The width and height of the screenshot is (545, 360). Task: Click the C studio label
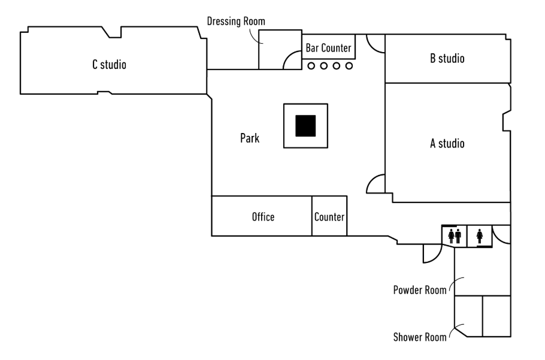point(109,65)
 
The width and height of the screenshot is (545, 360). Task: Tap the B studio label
point(447,58)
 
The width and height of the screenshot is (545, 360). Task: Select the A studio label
point(447,143)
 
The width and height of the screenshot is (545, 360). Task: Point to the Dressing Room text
point(236,22)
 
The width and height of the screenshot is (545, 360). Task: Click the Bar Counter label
point(328,47)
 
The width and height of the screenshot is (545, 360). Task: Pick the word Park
point(250,138)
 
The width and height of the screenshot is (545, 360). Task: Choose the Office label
point(263,217)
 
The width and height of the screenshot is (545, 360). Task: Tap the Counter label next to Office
point(329,217)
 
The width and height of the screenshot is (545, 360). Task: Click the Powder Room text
point(419,290)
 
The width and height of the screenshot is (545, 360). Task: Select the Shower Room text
point(419,337)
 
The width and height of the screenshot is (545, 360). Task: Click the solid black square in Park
point(305,126)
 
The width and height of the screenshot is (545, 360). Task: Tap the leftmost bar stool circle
point(311,66)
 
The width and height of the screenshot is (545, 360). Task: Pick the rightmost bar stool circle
point(349,66)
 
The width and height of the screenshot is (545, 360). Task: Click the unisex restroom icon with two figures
point(455,236)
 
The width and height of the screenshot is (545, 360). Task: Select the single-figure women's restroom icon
point(480,236)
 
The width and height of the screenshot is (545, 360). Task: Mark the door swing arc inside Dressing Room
point(292,60)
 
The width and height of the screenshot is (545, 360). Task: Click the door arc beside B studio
point(376,44)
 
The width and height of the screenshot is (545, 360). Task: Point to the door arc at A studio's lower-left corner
point(376,183)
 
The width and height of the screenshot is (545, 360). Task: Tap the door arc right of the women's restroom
point(501,235)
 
